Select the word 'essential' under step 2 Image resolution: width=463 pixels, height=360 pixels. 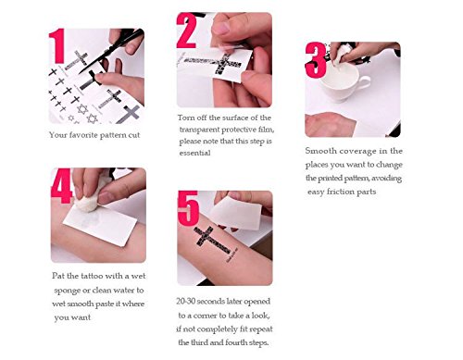[195, 154]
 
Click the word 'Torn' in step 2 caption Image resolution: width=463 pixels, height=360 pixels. [187, 118]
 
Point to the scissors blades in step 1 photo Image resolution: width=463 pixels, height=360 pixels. [109, 46]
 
